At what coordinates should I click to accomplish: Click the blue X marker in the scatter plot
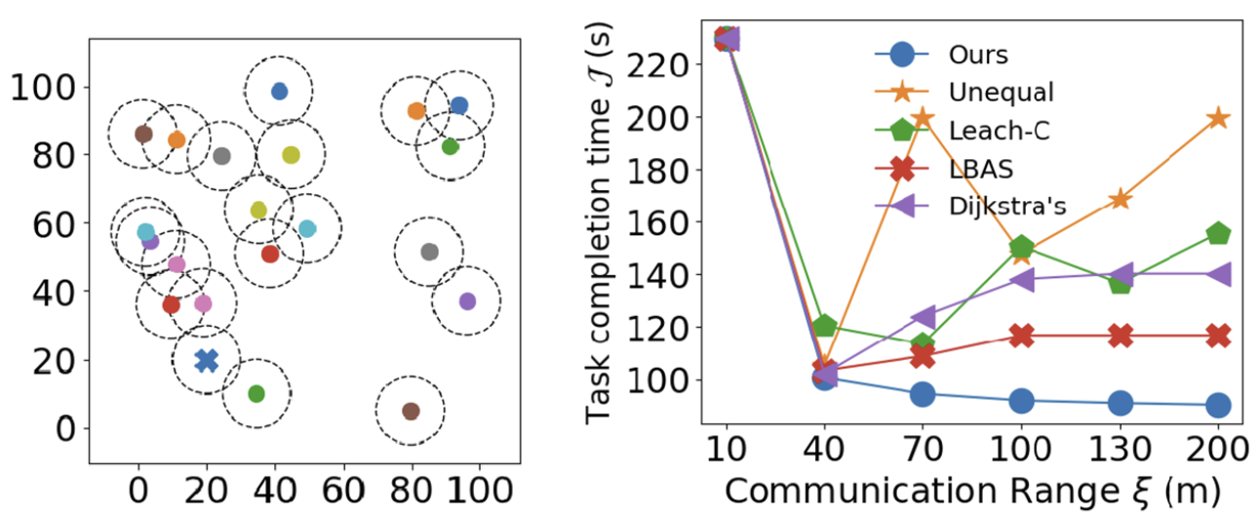[206, 361]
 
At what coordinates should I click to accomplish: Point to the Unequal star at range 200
[1218, 118]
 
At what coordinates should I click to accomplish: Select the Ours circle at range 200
[1218, 405]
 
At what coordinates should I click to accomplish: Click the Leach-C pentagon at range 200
[1218, 234]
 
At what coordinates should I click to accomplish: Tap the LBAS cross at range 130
[1120, 335]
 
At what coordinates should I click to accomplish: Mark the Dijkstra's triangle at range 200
[1218, 274]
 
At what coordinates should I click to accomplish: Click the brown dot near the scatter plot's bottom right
[411, 412]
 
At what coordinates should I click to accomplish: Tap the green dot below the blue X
[256, 394]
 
